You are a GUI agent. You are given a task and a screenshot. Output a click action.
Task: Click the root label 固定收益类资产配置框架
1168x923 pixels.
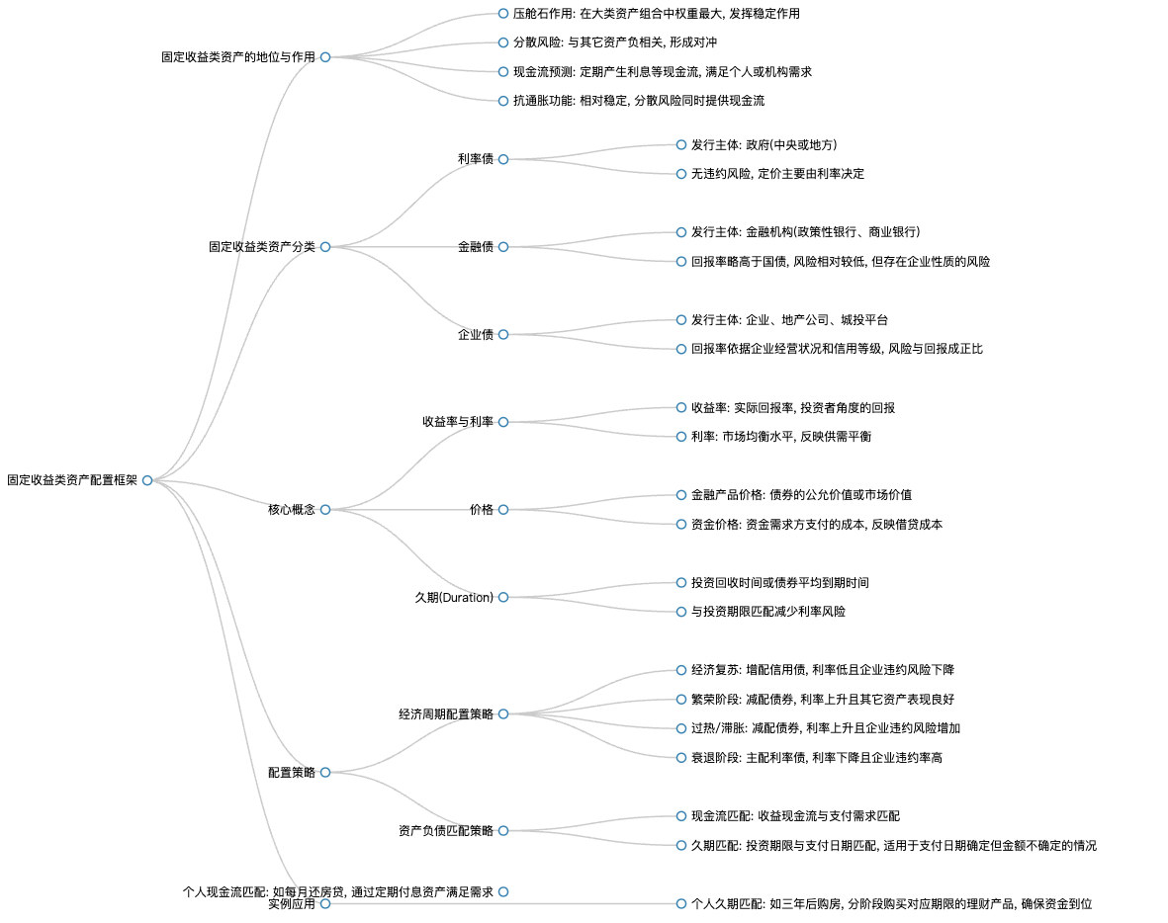(x=72, y=480)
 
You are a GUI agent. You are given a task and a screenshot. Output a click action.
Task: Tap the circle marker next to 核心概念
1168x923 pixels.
(x=325, y=510)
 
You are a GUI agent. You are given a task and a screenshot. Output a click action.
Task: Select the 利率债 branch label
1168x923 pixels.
(x=476, y=159)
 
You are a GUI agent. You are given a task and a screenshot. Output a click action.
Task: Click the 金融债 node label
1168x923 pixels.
(x=476, y=247)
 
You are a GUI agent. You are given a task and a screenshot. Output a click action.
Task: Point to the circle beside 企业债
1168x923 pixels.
(x=503, y=335)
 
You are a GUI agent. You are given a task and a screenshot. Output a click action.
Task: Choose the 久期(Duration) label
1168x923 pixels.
(x=454, y=598)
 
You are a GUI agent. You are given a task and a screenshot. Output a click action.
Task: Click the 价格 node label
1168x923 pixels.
(x=482, y=510)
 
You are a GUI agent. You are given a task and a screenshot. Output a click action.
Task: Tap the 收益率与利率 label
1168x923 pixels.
(x=457, y=422)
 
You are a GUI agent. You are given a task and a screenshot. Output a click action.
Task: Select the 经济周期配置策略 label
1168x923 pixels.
(x=445, y=714)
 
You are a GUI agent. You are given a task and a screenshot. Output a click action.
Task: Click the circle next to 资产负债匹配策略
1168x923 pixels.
(x=503, y=831)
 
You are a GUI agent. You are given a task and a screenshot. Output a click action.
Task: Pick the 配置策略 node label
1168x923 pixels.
(x=291, y=773)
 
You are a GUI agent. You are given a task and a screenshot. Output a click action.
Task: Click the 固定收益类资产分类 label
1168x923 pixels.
(x=261, y=247)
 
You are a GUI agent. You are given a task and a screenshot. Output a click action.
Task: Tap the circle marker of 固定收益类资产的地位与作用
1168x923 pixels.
(x=325, y=57)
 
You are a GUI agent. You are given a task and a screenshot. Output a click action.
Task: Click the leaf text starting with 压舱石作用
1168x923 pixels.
(x=657, y=14)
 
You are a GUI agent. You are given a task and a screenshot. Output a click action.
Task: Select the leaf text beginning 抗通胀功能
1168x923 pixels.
(x=638, y=101)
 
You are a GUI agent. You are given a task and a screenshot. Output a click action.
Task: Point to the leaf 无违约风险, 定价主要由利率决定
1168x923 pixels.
(x=777, y=174)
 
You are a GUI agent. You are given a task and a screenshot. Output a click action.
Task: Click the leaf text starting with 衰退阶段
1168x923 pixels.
(x=816, y=758)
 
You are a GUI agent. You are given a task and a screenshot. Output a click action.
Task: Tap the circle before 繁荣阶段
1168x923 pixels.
(x=680, y=700)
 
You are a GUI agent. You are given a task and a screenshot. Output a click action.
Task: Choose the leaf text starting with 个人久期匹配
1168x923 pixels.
(x=892, y=904)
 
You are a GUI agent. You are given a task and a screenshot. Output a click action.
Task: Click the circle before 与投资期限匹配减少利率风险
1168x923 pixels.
(x=680, y=612)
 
